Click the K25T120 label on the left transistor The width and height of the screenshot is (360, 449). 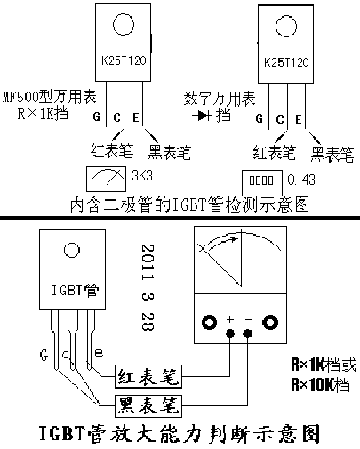coord(124,60)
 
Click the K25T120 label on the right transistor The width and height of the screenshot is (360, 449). coord(286,62)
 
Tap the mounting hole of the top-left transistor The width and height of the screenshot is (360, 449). coord(124,24)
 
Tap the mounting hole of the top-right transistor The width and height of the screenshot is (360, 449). coord(286,27)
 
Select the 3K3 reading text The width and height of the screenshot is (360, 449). coord(142,175)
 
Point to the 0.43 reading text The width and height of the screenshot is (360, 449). coord(301,180)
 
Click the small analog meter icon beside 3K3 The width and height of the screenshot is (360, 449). coord(106,179)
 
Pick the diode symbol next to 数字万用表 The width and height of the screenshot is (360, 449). coord(202,116)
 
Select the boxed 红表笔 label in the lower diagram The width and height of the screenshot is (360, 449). coord(148,376)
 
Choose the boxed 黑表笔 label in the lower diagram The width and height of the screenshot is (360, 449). coord(148,405)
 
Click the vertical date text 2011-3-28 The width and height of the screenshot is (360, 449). coord(148,287)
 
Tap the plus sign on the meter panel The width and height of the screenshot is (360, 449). coord(230,319)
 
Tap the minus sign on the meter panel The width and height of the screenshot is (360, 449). coord(249,319)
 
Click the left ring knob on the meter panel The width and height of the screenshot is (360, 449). coord(209,322)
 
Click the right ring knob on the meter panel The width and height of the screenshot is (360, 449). coord(270,322)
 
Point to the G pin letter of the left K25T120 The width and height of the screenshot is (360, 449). coord(97,116)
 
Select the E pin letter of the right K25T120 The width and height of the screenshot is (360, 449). coord(299,119)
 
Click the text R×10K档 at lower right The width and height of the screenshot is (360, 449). coord(321,384)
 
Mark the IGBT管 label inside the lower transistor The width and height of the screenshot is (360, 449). coord(76,291)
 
